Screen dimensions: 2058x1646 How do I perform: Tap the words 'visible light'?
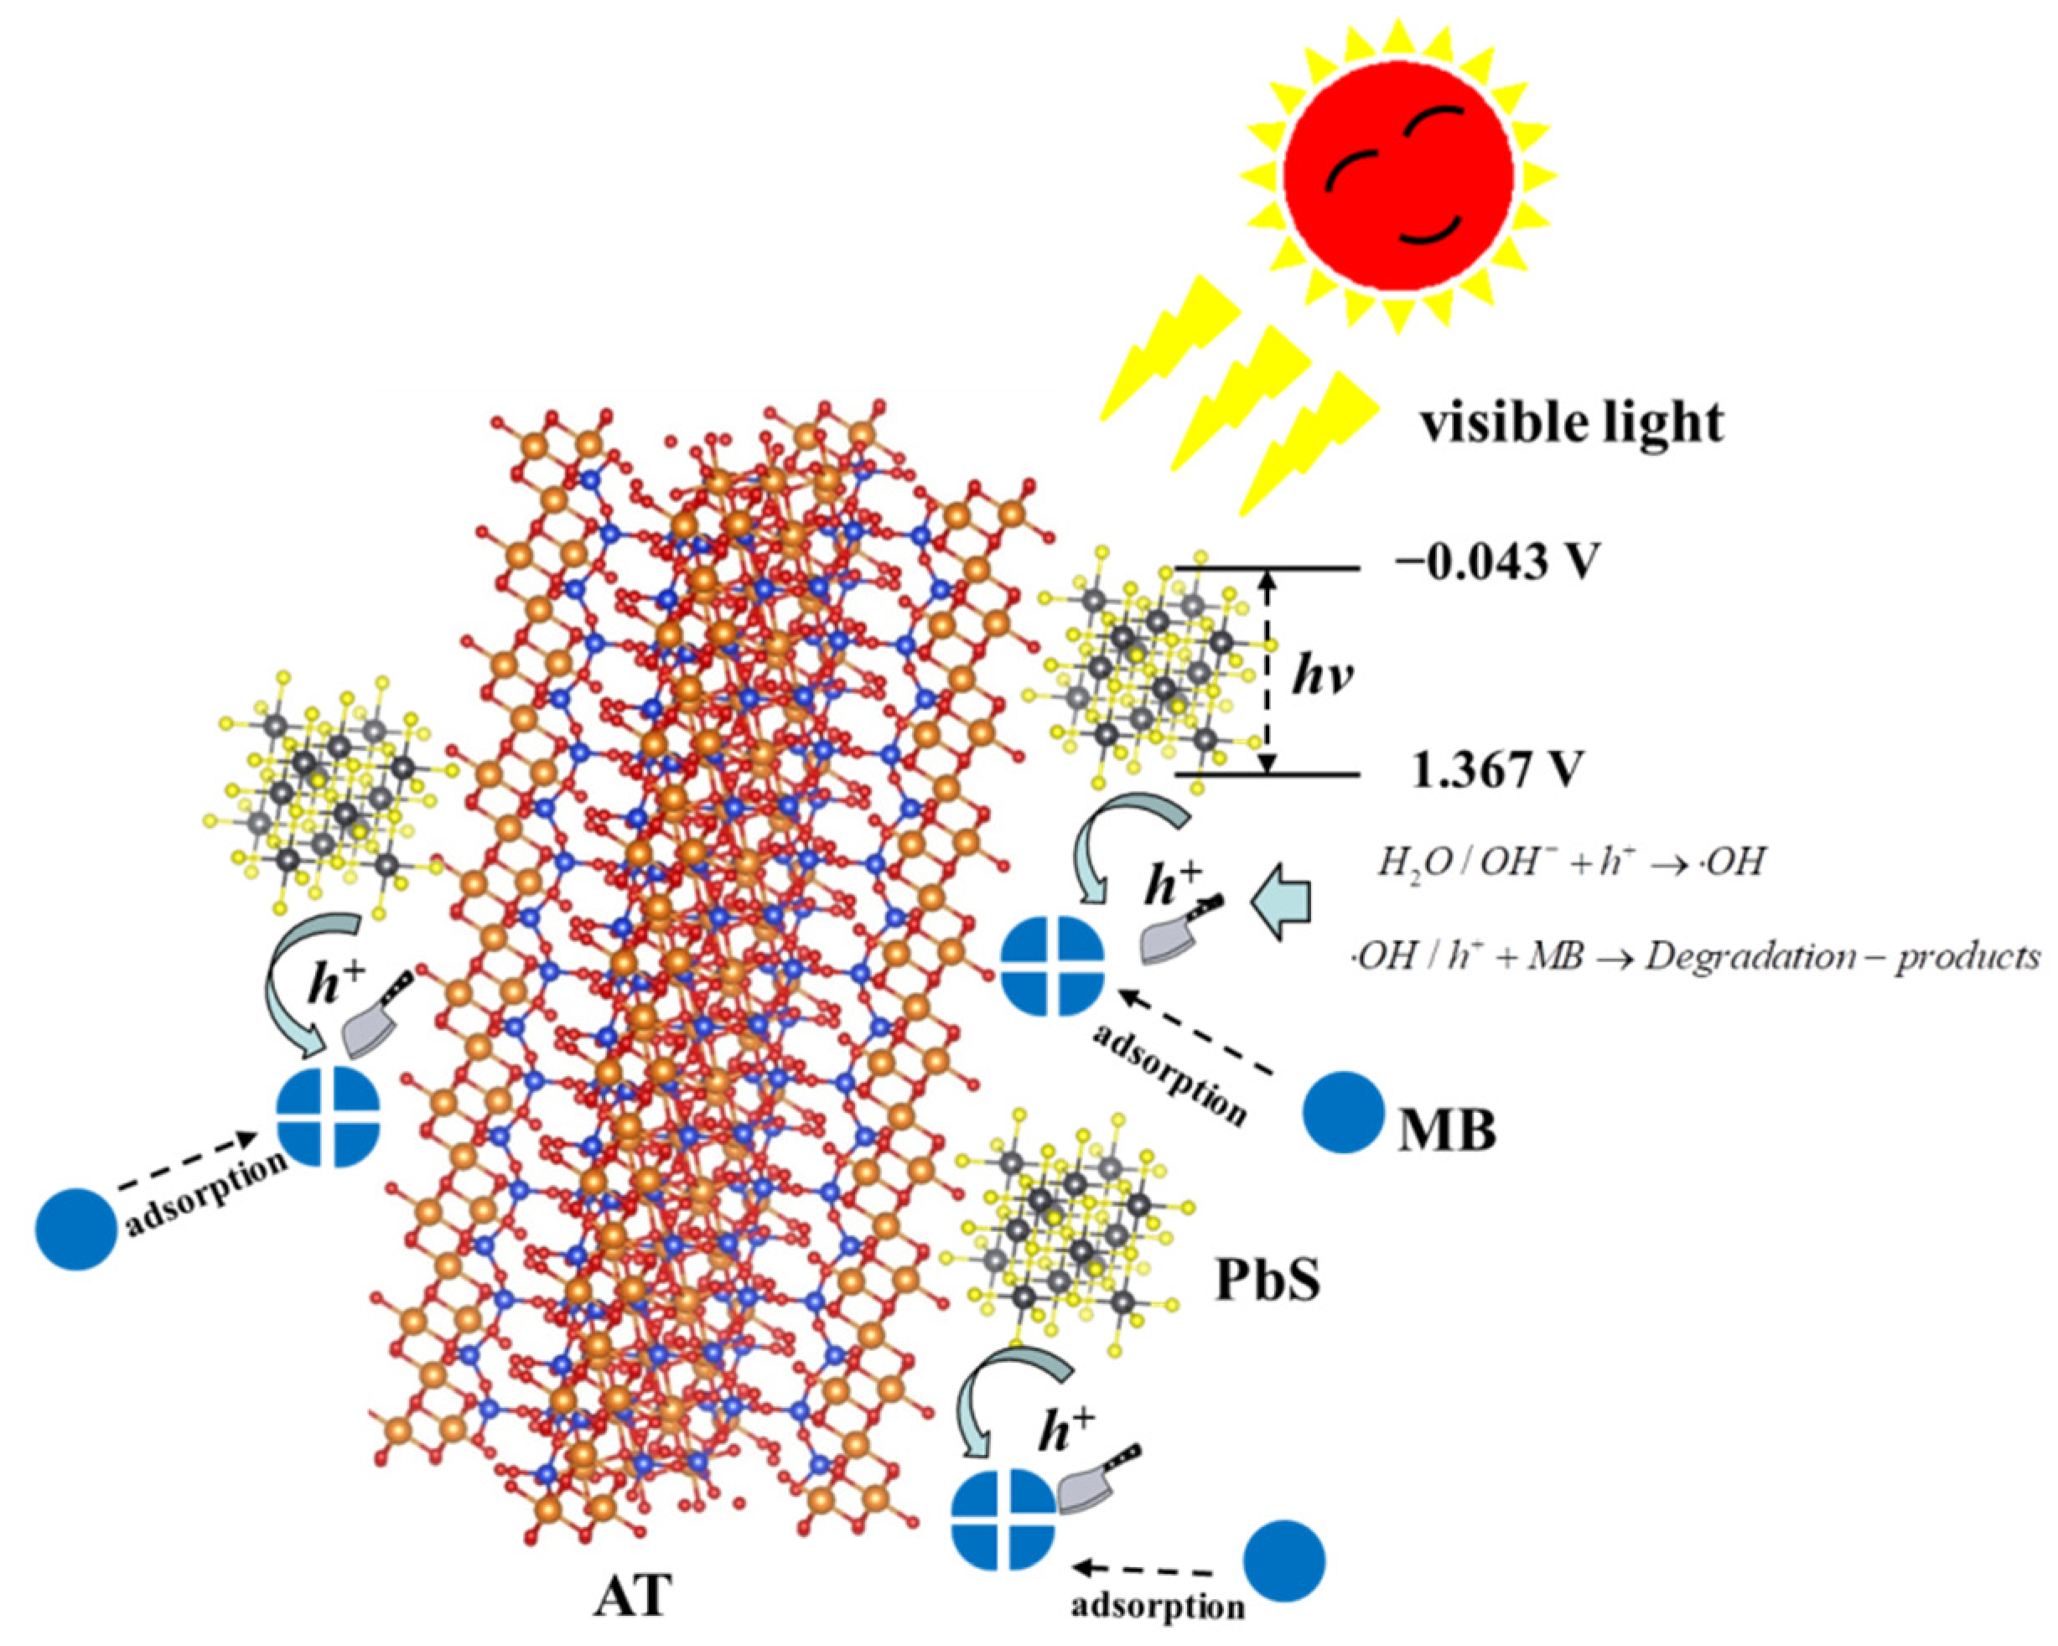[x=1571, y=422]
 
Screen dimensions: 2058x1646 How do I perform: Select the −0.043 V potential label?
[x=1496, y=563]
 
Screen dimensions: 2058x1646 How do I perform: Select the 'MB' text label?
[x=1446, y=1131]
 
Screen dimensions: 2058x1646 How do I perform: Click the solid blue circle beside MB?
[x=1344, y=1113]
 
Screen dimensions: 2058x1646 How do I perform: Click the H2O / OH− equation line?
[x=1570, y=862]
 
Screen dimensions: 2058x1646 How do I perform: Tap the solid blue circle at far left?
[x=77, y=1229]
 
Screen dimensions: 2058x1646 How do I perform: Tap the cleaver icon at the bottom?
[x=1096, y=1496]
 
